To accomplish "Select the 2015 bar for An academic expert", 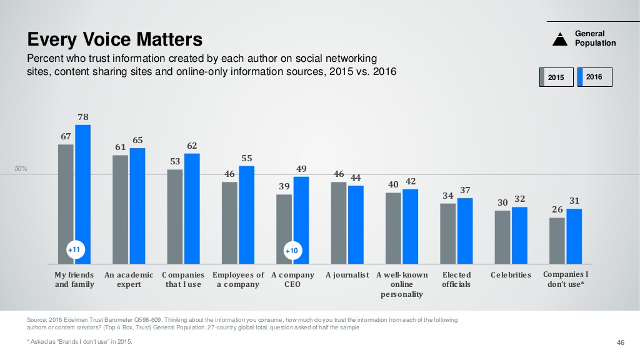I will pyautogui.click(x=121, y=209).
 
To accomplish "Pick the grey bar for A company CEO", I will pyautogui.click(x=284, y=228).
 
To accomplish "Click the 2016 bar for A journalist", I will pyautogui.click(x=356, y=224).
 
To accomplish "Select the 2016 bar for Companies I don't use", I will pyautogui.click(x=574, y=236).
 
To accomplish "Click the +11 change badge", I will pyautogui.click(x=74, y=250).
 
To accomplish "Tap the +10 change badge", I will pyautogui.click(x=292, y=251).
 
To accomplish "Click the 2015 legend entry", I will pyautogui.click(x=556, y=77).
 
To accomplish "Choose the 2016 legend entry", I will pyautogui.click(x=594, y=77).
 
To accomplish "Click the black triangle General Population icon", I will pyautogui.click(x=560, y=39).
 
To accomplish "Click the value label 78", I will pyautogui.click(x=83, y=117).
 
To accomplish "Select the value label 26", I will pyautogui.click(x=557, y=209).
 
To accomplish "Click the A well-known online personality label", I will pyautogui.click(x=402, y=284).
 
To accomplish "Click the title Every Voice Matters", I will pyautogui.click(x=115, y=40).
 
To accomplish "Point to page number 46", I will pyautogui.click(x=621, y=342).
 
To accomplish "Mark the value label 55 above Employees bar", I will pyautogui.click(x=247, y=158).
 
